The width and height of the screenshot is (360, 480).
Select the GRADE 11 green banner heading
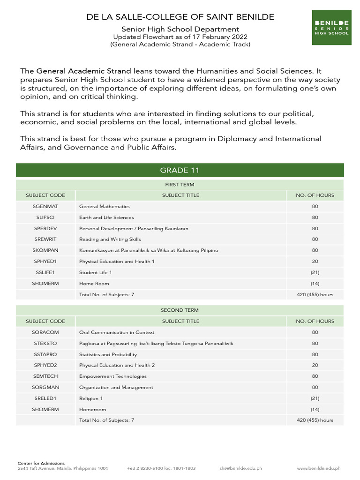[180, 170]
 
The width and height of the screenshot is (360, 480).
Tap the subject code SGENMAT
[45, 206]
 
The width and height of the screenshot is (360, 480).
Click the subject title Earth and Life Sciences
[106, 217]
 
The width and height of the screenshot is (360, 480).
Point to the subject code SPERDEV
[45, 228]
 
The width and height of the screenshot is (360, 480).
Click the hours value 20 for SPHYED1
[315, 261]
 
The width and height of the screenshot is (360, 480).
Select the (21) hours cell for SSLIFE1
[315, 272]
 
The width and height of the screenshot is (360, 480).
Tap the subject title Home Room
[94, 284]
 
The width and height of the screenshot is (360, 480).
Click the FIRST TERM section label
[180, 185]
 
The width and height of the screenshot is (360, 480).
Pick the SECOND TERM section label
[180, 310]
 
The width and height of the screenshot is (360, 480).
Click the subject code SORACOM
[45, 332]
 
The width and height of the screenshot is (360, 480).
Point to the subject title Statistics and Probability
[108, 354]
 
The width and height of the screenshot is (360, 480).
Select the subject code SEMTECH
[45, 376]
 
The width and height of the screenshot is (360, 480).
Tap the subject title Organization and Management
[116, 388]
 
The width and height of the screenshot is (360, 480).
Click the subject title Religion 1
[91, 398]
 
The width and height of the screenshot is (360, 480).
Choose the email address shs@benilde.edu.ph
[240, 468]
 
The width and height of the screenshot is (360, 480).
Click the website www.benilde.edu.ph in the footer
[319, 468]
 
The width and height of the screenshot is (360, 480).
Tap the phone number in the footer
[161, 468]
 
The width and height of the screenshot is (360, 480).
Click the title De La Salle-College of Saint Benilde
[180, 17]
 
